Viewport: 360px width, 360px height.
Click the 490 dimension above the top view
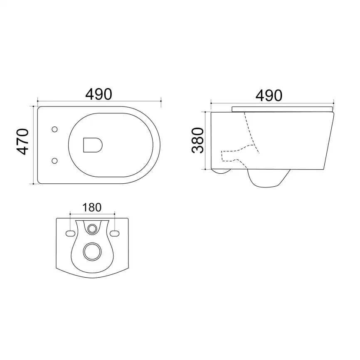[99, 94]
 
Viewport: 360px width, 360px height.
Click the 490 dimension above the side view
[269, 96]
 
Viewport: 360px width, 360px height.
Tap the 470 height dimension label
[23, 142]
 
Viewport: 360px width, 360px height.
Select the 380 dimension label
[198, 141]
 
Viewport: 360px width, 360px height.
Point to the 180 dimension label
[92, 207]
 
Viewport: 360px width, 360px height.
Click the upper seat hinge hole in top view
[54, 129]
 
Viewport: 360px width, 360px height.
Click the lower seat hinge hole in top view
[54, 161]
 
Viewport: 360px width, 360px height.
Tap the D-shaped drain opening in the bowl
[93, 145]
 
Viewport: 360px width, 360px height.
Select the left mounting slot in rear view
[71, 234]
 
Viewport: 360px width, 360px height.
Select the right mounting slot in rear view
[115, 234]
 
